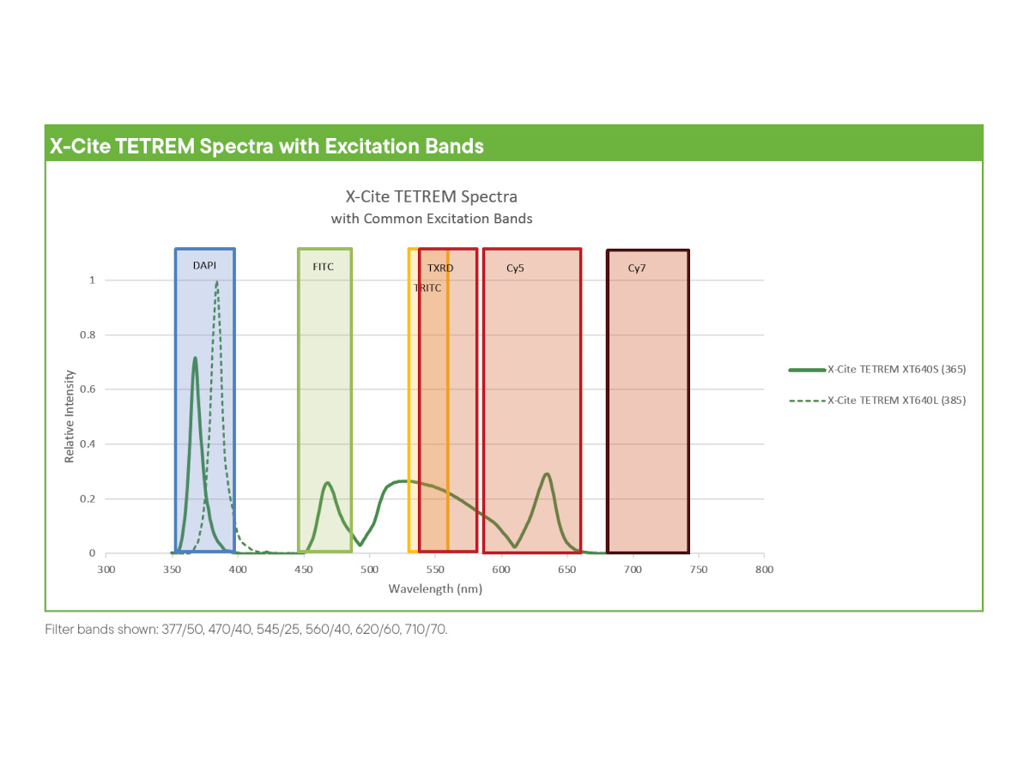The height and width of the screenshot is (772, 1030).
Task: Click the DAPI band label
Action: [204, 265]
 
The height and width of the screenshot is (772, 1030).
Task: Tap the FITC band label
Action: [323, 267]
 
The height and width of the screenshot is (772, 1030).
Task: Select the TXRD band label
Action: [440, 268]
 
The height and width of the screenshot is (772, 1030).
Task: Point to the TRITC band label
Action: [427, 288]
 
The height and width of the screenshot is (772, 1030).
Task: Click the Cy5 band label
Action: [515, 268]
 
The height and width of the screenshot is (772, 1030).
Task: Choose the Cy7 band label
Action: [637, 268]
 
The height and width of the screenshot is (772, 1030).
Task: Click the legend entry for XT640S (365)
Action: [877, 370]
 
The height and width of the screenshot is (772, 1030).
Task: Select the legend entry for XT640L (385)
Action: [877, 401]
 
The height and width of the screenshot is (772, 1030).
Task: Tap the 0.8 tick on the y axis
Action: [88, 335]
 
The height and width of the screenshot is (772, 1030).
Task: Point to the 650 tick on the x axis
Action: [566, 570]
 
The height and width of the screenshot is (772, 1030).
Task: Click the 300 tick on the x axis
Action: [106, 570]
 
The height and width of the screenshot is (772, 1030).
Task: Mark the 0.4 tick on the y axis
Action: [88, 443]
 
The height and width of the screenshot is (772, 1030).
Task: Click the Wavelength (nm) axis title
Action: [435, 588]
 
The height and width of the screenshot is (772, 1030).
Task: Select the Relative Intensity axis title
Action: [69, 416]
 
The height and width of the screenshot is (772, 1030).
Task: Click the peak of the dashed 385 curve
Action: [217, 281]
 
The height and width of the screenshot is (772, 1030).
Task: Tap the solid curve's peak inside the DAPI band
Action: [195, 358]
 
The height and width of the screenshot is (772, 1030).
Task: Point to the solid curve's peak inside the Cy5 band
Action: [547, 474]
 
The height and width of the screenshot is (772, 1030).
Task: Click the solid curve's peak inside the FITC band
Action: [327, 483]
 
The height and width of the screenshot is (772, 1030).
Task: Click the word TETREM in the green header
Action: [154, 146]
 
